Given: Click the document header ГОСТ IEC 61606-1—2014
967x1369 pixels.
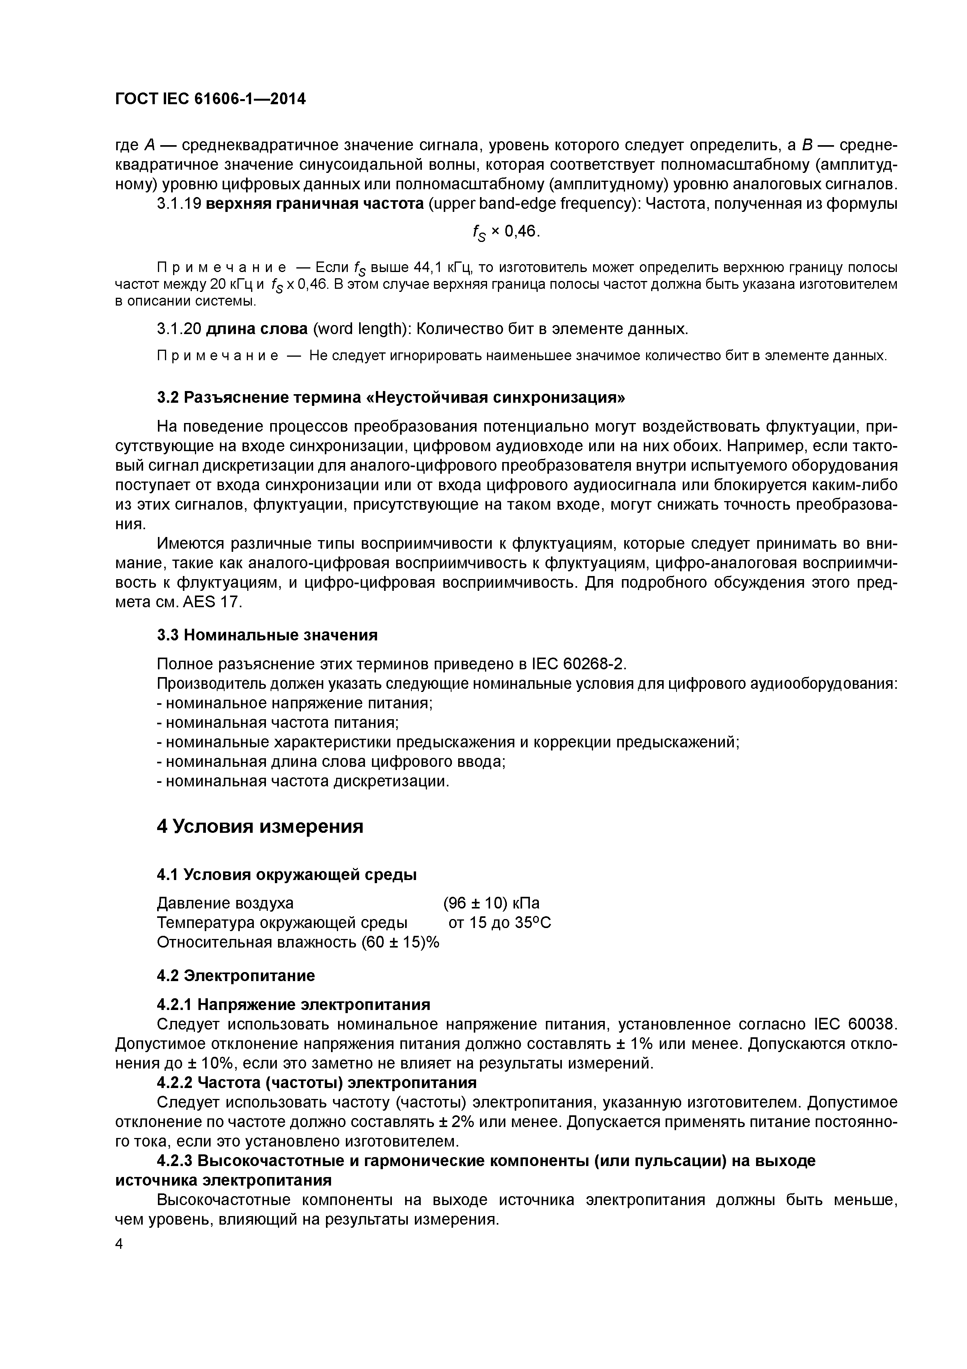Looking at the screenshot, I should pyautogui.click(x=210, y=99).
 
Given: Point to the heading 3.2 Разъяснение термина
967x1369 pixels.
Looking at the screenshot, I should pyautogui.click(x=391, y=397).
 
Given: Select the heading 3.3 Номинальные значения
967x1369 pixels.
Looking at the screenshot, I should pyautogui.click(x=267, y=635).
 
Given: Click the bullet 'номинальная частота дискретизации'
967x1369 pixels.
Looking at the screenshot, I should pyautogui.click(x=303, y=781).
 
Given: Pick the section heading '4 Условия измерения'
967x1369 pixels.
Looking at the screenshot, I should pyautogui.click(x=260, y=827).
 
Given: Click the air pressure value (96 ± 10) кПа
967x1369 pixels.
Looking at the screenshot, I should pyautogui.click(x=492, y=903).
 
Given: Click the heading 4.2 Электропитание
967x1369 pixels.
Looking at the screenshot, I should pyautogui.click(x=236, y=976).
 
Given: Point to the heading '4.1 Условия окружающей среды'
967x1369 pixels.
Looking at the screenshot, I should pyautogui.click(x=287, y=875).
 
